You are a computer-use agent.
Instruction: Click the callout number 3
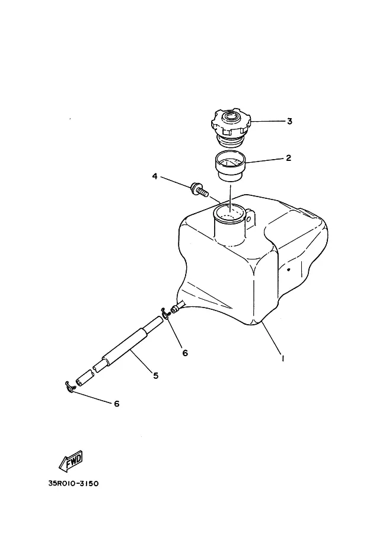(289, 121)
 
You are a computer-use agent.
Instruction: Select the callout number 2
(289, 158)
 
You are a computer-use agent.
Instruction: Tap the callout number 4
(155, 176)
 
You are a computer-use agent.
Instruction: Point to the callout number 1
(283, 358)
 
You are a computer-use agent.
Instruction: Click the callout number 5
(156, 375)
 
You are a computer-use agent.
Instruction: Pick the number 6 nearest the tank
(185, 353)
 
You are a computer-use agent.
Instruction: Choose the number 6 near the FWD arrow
(117, 404)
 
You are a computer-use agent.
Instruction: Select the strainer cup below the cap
(230, 166)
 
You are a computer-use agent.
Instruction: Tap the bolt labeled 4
(199, 189)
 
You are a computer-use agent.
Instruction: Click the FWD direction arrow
(71, 461)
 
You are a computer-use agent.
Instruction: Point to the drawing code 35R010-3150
(73, 483)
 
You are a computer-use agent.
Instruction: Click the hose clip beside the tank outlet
(165, 313)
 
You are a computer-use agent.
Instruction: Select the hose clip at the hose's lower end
(70, 387)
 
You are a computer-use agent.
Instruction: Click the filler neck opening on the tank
(230, 213)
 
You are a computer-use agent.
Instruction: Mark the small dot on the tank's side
(289, 270)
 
